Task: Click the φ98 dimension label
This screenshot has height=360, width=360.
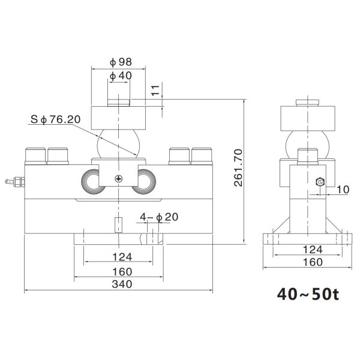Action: (x=121, y=62)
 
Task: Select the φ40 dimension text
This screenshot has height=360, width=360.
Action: (x=121, y=76)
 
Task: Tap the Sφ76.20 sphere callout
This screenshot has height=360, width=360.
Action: (x=55, y=120)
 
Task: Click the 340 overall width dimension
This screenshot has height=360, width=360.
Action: (x=119, y=285)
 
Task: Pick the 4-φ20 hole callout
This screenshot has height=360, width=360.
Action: (x=159, y=217)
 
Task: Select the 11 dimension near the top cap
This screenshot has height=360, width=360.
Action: (x=155, y=91)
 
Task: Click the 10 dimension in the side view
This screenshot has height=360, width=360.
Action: (x=342, y=190)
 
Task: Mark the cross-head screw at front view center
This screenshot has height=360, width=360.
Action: (x=120, y=179)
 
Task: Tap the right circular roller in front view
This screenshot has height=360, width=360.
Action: (x=146, y=181)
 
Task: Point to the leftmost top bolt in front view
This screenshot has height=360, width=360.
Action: (x=35, y=155)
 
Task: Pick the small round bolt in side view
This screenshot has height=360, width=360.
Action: (x=320, y=182)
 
